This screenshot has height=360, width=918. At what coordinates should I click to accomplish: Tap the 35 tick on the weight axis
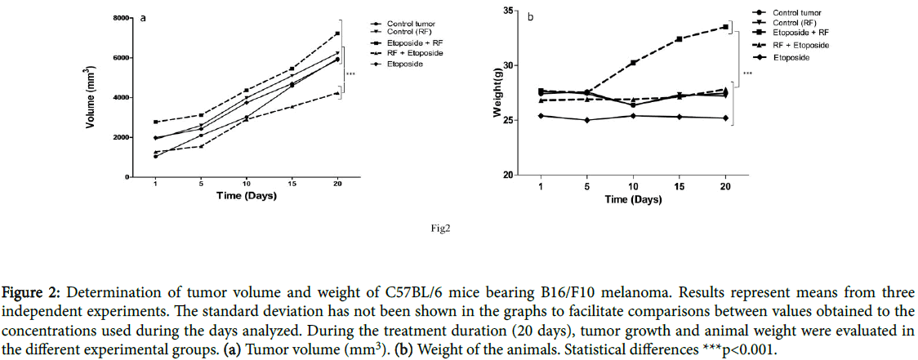[508, 11]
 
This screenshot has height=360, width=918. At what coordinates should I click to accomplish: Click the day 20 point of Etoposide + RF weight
[725, 27]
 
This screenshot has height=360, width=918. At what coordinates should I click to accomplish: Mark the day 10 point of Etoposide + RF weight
[633, 63]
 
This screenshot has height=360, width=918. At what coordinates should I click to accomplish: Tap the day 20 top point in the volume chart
[337, 33]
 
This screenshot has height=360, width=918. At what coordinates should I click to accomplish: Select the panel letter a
[144, 17]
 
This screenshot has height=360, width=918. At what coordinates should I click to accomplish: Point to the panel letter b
[531, 17]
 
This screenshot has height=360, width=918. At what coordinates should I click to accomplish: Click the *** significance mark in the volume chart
[351, 75]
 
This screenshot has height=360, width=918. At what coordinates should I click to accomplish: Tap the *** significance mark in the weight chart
[746, 75]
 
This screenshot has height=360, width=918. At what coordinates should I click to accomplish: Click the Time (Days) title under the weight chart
[633, 200]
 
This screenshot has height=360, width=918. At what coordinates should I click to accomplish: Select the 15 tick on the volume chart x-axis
[292, 184]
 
